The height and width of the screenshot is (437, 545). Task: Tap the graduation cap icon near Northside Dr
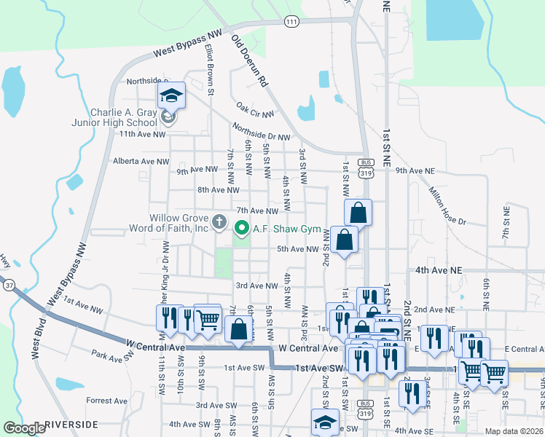[x=172, y=95]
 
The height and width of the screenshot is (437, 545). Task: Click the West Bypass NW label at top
[x=187, y=44]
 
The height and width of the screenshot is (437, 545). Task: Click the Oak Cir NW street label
[x=255, y=109]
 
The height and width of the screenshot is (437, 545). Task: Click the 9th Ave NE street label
[x=415, y=171]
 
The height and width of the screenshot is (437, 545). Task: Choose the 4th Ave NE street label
[x=439, y=269]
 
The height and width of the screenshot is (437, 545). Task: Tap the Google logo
[x=24, y=428]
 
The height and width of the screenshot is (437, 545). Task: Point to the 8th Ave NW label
[x=218, y=190]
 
